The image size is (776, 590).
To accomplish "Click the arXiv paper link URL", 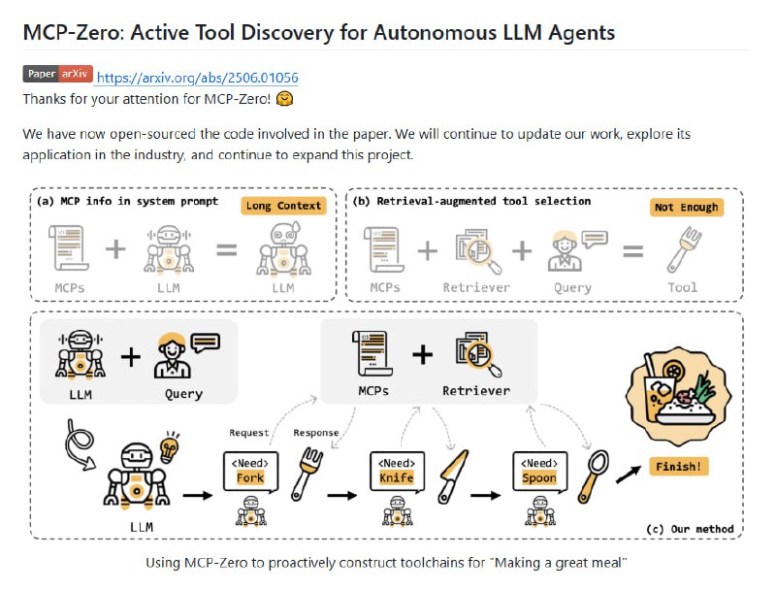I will (x=198, y=78).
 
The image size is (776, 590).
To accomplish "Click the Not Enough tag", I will (x=686, y=207).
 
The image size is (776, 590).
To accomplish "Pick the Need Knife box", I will (x=397, y=471).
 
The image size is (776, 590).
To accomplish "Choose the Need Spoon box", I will (x=539, y=471).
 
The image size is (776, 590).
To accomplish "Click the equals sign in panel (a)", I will (x=226, y=251).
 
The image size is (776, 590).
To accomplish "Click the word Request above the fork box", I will (x=248, y=433).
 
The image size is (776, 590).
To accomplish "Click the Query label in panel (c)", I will (x=183, y=394).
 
